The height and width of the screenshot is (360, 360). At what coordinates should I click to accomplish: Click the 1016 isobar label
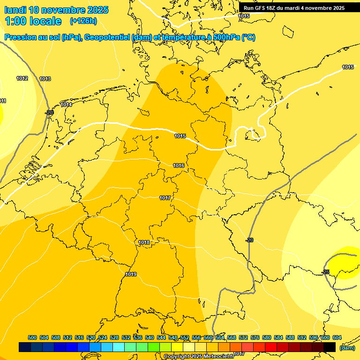pyautogui.click(x=179, y=165)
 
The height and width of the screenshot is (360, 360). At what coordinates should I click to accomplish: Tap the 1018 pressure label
pyautogui.click(x=144, y=242)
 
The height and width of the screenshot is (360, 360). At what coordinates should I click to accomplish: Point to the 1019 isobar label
pyautogui.click(x=131, y=274)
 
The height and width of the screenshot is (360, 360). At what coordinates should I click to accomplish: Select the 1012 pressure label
pyautogui.click(x=22, y=78)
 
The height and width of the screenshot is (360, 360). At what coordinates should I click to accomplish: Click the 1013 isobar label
pyautogui.click(x=45, y=79)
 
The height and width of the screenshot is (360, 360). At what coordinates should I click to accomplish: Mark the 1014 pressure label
pyautogui.click(x=66, y=105)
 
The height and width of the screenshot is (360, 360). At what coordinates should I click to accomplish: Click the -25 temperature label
pyautogui.click(x=326, y=272)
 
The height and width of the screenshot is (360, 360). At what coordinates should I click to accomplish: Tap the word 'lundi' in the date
pyautogui.click(x=15, y=10)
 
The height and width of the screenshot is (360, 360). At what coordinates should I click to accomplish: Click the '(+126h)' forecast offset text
pyautogui.click(x=83, y=21)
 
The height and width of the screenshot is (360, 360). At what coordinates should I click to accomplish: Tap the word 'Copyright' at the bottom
pyautogui.click(x=176, y=357)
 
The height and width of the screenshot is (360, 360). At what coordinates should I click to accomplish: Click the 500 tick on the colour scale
pyautogui.click(x=32, y=337)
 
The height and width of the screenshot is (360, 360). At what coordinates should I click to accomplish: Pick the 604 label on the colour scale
pyautogui.click(x=337, y=337)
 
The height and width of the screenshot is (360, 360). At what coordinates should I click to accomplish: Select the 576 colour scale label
pyautogui.click(x=255, y=337)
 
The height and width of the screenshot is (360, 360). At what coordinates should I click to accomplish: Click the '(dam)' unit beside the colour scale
pyautogui.click(x=346, y=347)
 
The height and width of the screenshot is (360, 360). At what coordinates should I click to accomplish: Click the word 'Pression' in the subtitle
pyautogui.click(x=20, y=37)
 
